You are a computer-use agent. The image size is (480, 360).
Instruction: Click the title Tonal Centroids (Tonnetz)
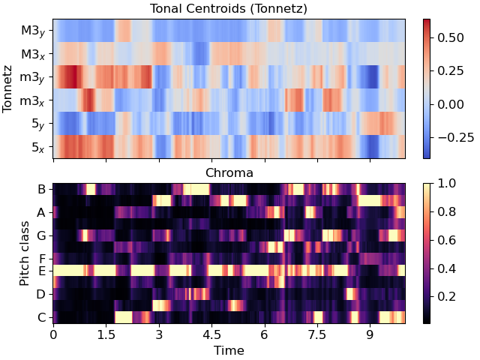tap(229, 8)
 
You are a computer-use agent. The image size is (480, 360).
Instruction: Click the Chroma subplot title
tap(229, 173)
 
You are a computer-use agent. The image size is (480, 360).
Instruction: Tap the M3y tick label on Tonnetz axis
tap(34, 31)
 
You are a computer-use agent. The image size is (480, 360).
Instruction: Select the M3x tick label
tap(34, 54)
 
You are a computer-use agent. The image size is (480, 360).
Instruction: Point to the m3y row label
tap(34, 77)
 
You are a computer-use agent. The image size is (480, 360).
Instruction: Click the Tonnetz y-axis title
tap(9, 88)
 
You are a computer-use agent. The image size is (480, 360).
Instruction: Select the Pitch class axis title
tap(25, 253)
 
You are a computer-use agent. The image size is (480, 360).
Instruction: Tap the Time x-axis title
tap(229, 350)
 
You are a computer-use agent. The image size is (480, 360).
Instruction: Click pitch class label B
tap(42, 189)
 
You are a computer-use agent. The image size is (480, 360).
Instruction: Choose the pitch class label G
tap(42, 235)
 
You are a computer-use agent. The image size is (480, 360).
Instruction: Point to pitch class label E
tap(42, 271)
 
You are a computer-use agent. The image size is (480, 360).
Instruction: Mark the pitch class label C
tap(42, 317)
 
